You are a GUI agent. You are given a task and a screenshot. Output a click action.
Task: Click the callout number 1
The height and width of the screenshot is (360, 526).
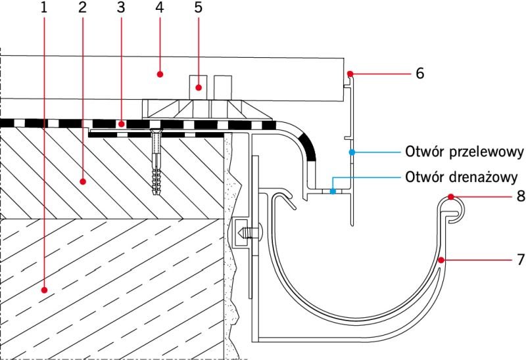(43, 7)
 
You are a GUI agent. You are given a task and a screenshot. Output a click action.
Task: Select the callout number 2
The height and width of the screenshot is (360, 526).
(82, 7)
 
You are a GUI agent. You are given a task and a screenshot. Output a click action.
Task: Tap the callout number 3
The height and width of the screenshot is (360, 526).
(121, 7)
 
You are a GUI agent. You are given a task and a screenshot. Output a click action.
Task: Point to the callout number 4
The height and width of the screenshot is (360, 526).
(160, 7)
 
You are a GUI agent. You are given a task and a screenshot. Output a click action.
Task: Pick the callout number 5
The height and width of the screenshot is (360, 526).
(199, 7)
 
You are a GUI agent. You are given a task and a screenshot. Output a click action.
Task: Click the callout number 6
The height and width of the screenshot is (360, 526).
(419, 73)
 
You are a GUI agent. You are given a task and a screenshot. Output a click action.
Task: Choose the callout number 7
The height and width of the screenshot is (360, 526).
(521, 259)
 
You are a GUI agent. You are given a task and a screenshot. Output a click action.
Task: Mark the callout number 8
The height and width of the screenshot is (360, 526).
(521, 196)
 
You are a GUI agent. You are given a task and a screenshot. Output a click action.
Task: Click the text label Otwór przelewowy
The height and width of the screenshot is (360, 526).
(464, 152)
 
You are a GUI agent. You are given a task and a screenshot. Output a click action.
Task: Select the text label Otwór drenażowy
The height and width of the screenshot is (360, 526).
(462, 177)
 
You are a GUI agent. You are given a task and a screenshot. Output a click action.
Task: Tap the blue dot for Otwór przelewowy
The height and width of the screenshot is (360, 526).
(352, 152)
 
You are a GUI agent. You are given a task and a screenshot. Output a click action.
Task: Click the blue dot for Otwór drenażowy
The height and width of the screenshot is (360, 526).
(333, 191)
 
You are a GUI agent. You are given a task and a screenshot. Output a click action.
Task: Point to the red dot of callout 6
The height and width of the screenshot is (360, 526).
(350, 74)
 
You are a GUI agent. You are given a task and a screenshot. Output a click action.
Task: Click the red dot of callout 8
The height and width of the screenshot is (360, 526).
(451, 197)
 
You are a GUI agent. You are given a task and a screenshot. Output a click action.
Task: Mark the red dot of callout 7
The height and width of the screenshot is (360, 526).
(441, 259)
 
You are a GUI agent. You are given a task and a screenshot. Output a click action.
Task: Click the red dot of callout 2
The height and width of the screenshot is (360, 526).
(83, 182)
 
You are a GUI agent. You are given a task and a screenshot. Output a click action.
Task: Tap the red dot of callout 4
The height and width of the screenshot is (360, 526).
(160, 74)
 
